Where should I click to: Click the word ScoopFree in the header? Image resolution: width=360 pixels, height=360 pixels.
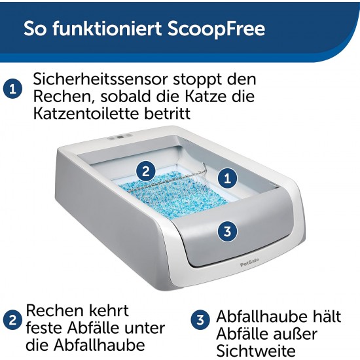(216, 29)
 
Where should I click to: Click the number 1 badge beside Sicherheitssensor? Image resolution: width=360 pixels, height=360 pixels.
(13, 89)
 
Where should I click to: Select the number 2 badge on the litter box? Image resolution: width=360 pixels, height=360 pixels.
(145, 171)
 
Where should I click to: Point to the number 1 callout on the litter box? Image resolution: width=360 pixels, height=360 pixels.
(227, 179)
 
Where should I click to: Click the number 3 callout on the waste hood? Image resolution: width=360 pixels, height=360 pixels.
(227, 231)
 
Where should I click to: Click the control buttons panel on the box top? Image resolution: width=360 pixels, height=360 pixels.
(120, 137)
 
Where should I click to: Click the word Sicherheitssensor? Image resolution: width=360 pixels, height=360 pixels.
(100, 79)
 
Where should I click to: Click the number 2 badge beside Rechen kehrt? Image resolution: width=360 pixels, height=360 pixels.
(13, 320)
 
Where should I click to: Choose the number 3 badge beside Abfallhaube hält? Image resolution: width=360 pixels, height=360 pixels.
(200, 320)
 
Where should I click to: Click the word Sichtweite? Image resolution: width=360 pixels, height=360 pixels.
(256, 351)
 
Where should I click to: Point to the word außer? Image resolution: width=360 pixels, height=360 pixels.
(291, 334)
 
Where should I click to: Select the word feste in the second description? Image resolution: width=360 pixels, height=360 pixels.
(45, 328)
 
